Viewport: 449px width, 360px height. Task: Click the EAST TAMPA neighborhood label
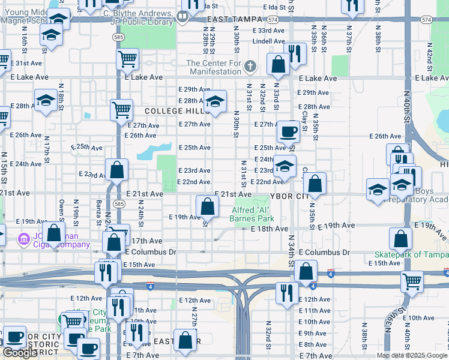[x=237, y=20]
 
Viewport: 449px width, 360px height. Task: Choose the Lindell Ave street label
[x=268, y=41]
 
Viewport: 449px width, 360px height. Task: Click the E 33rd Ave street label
[x=268, y=30]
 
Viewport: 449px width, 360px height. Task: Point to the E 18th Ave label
[x=270, y=229]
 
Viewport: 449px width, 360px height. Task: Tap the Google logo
[x=20, y=353]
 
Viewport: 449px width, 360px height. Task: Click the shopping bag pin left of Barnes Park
[x=207, y=207]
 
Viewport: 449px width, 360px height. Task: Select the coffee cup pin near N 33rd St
[x=288, y=131]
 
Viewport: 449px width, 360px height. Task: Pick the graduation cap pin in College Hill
[x=214, y=101]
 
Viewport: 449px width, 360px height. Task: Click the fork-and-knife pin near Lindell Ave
[x=295, y=53]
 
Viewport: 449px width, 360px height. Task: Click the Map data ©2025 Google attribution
[x=412, y=356]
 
